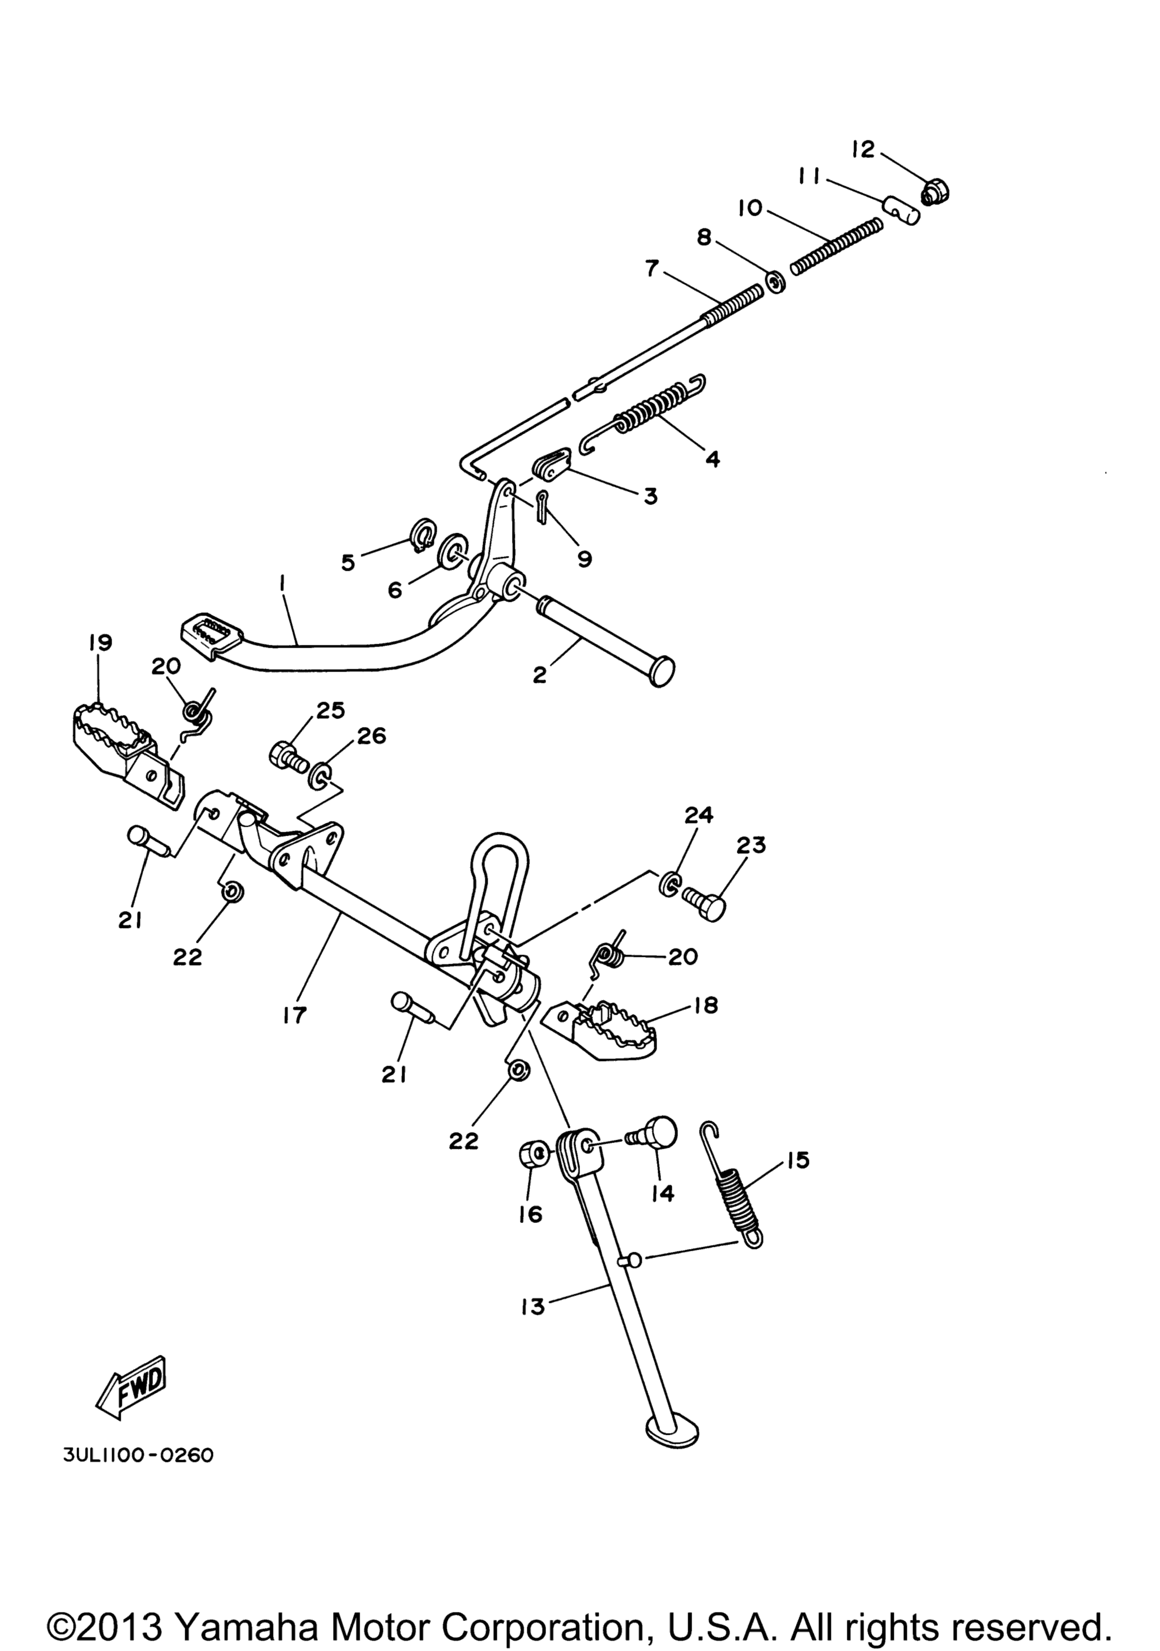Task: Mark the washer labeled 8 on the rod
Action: pyautogui.click(x=774, y=282)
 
